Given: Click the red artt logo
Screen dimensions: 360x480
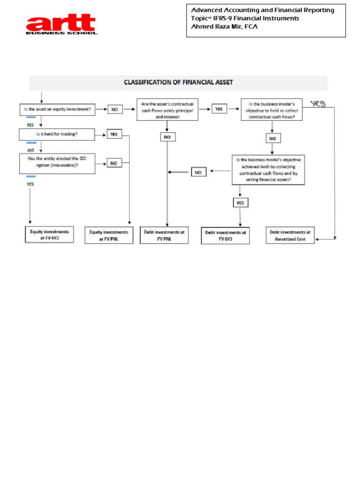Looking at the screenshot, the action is (61, 24).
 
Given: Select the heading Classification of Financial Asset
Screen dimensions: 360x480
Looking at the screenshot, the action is (178, 82).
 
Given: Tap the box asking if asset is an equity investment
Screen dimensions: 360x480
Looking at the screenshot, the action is (57, 109).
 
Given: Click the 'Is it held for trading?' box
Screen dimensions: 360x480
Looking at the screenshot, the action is (57, 135).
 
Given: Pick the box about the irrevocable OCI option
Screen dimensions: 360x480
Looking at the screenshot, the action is (57, 164).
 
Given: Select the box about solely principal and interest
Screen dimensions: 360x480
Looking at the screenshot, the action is (167, 110).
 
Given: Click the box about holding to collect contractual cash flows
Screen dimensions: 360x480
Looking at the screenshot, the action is (272, 110).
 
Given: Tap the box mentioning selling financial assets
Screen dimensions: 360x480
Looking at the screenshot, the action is (268, 170).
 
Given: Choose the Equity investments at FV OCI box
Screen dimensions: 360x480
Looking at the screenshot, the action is (49, 235).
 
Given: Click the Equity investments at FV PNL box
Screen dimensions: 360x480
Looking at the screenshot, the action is (109, 235).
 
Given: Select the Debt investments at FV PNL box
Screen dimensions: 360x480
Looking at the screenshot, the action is (164, 235).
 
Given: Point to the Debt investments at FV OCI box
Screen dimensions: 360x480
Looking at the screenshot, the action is (225, 236).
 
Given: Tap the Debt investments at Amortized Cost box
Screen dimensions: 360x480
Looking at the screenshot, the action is (290, 235).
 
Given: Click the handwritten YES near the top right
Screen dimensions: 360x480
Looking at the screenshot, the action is (318, 104).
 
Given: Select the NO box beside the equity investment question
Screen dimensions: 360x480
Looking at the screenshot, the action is (115, 109).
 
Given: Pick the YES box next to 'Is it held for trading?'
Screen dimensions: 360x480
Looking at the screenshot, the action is (114, 135).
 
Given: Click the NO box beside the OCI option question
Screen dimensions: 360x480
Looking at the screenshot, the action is (114, 163).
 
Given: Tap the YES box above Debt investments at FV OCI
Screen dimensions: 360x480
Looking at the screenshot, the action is (240, 202).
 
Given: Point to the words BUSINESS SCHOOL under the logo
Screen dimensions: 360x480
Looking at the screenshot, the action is (61, 33).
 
